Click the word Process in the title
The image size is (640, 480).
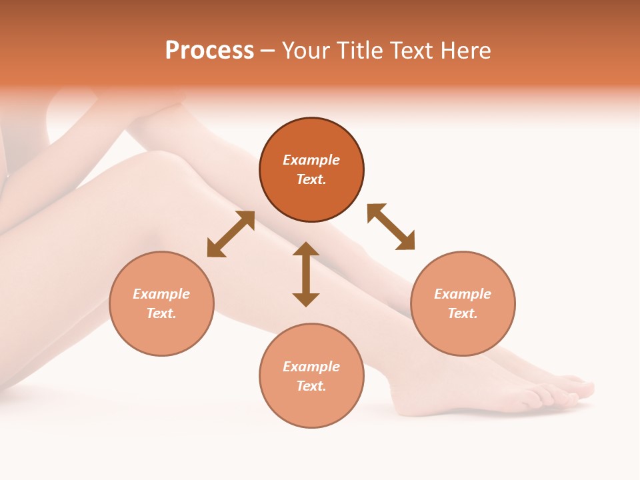209,51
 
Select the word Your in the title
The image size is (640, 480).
305,51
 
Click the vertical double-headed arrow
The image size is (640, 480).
306,275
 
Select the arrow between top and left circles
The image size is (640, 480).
231,234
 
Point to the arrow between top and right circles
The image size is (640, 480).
391,227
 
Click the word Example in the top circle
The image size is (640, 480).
311,160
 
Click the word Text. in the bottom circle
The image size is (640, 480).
311,386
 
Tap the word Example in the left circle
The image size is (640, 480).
161,294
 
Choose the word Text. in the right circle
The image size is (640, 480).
463,313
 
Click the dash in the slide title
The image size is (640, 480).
267,51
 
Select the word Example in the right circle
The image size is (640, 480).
463,294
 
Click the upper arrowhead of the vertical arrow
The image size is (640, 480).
306,249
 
